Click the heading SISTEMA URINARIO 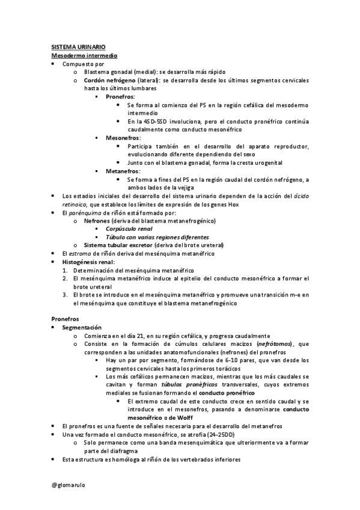(75, 47)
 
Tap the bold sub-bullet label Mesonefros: (123, 138)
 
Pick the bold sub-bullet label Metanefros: (123, 171)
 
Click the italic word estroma (81, 254)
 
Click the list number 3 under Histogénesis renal (65, 295)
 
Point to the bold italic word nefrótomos (273, 343)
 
